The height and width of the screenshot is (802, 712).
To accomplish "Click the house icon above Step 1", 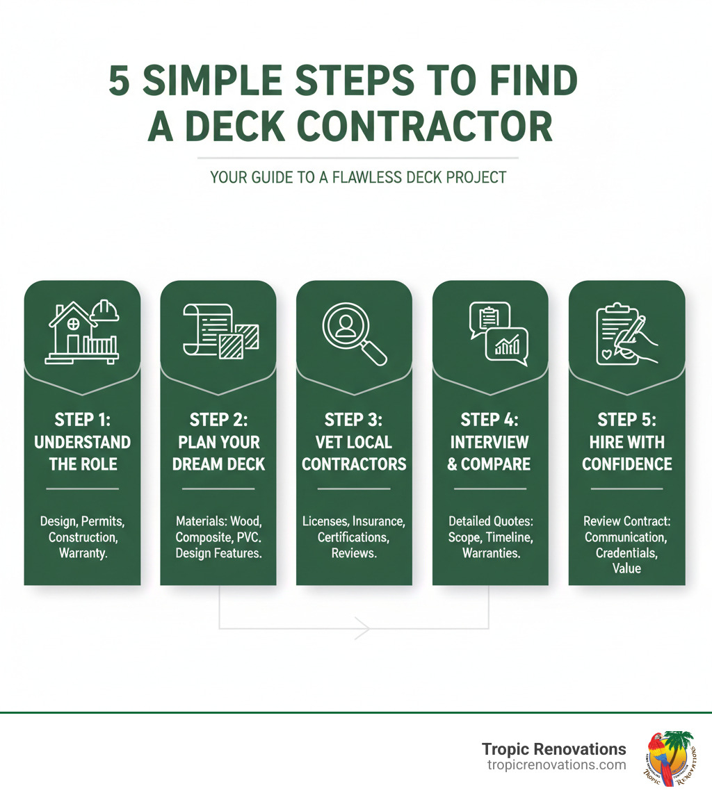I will coord(72,333).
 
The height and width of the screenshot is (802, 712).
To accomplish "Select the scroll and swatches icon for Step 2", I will coord(219,331).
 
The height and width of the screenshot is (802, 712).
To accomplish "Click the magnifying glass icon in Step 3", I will coord(352,331).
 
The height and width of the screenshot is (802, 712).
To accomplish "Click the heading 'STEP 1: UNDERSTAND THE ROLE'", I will coord(82,442).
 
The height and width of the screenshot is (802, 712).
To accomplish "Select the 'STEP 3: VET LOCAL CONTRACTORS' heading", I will coord(354,442).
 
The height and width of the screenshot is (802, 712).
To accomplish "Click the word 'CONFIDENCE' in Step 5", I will coord(626,464).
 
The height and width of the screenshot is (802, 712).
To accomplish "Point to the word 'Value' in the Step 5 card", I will coord(626,568).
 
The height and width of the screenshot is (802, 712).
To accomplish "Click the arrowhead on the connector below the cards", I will coord(362,628).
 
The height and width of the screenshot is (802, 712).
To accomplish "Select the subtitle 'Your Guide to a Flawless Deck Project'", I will coord(358,178).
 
